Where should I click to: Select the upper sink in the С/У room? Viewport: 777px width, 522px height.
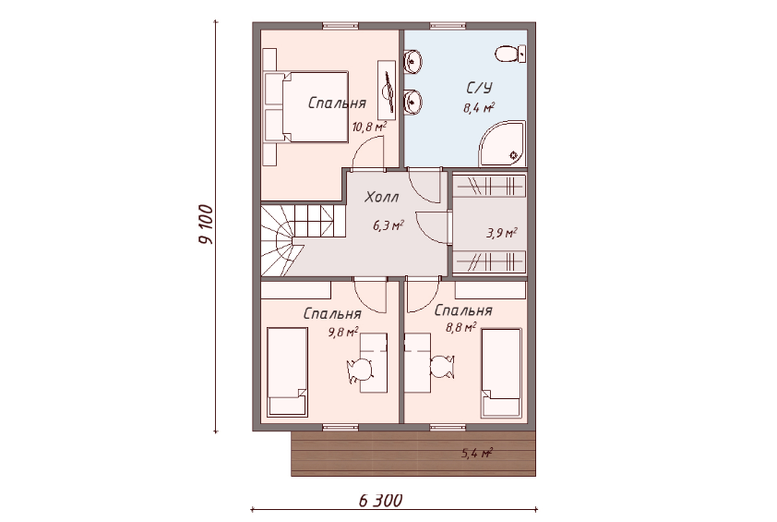[x=412, y=62]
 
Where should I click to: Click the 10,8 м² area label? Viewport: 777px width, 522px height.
[x=369, y=127]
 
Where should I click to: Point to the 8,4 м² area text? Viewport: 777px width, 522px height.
[x=479, y=107]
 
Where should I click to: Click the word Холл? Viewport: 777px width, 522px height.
[x=381, y=197]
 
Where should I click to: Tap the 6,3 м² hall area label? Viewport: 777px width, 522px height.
[x=388, y=226]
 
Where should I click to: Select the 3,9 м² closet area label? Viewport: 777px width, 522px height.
[x=502, y=233]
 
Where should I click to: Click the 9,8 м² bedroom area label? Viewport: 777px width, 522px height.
[x=343, y=332]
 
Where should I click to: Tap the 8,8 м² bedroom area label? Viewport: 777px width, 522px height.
[x=460, y=327]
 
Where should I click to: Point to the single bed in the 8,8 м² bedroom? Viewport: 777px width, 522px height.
[x=501, y=373]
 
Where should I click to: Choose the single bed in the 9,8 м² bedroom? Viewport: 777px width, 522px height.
[x=287, y=371]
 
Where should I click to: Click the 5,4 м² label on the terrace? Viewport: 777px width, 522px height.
[x=477, y=453]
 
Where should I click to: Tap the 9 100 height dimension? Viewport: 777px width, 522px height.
[x=206, y=225]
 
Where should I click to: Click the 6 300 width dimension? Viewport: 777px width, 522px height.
[x=380, y=500]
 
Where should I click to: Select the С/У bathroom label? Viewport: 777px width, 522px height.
[x=480, y=88]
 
